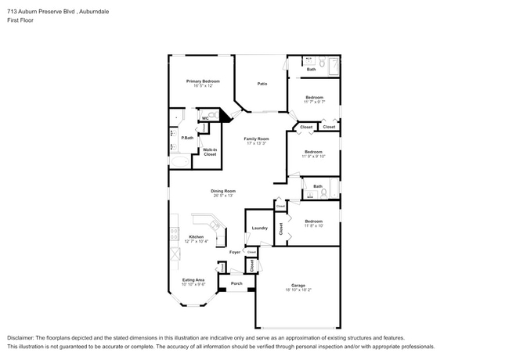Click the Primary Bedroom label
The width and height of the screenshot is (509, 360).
click(x=202, y=81)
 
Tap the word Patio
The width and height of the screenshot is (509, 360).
click(x=263, y=84)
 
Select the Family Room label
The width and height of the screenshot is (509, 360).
click(x=256, y=139)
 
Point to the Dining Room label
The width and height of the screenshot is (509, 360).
click(x=222, y=191)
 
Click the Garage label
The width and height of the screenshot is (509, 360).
click(x=298, y=286)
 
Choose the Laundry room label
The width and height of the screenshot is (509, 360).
click(x=259, y=228)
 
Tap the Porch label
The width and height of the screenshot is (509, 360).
click(x=236, y=283)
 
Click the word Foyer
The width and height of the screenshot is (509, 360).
click(x=235, y=252)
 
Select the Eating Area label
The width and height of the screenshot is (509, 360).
click(x=193, y=279)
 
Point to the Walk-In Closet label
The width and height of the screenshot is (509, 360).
click(x=210, y=152)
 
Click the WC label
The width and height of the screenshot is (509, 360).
click(x=205, y=118)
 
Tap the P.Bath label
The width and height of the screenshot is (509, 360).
click(x=188, y=138)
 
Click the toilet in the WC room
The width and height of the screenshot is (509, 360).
click(x=213, y=113)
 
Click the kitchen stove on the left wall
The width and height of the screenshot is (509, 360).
click(x=173, y=233)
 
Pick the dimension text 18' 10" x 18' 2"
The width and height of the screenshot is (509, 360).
click(x=298, y=291)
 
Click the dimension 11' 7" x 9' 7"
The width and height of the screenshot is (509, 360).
click(x=313, y=102)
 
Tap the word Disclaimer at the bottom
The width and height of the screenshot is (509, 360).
click(x=23, y=337)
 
